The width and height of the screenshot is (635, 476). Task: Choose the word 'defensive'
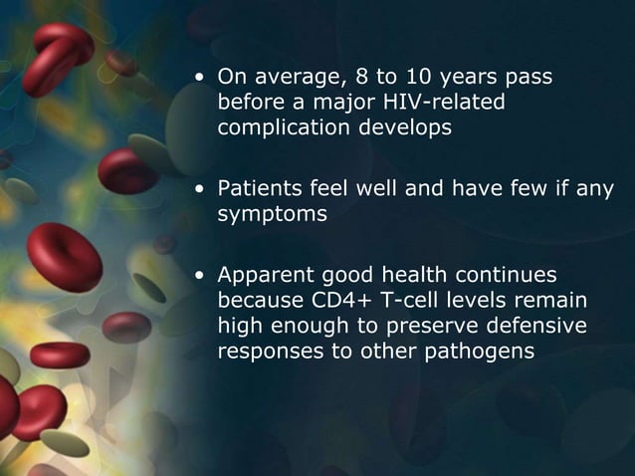point(536,325)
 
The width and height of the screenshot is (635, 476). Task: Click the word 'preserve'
point(439,325)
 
